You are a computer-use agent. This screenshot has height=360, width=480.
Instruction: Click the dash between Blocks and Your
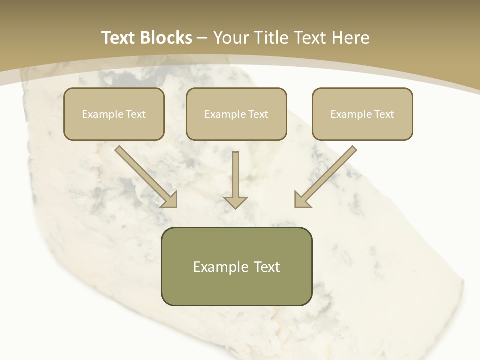pyautogui.click(x=202, y=38)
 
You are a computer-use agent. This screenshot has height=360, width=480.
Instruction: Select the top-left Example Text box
pyautogui.click(x=114, y=114)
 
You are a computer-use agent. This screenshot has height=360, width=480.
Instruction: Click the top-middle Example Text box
pyautogui.click(x=236, y=114)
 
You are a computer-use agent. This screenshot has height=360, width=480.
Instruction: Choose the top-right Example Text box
pyautogui.click(x=362, y=114)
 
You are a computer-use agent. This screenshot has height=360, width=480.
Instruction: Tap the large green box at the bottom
pyautogui.click(x=236, y=266)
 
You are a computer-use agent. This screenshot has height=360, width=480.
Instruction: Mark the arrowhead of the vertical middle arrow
pyautogui.click(x=235, y=202)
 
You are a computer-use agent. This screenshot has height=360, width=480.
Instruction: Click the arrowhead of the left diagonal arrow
pyautogui.click(x=170, y=199)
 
